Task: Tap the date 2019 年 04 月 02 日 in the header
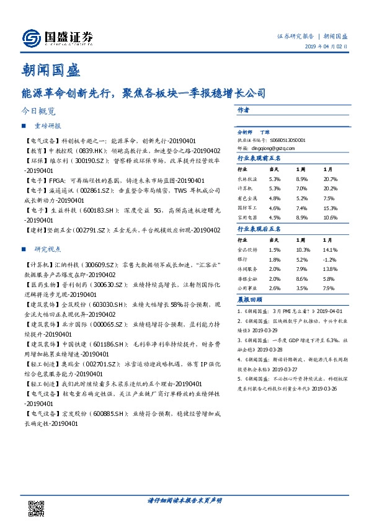329,47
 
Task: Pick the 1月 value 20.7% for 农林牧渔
331,179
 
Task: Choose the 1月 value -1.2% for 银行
329,259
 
